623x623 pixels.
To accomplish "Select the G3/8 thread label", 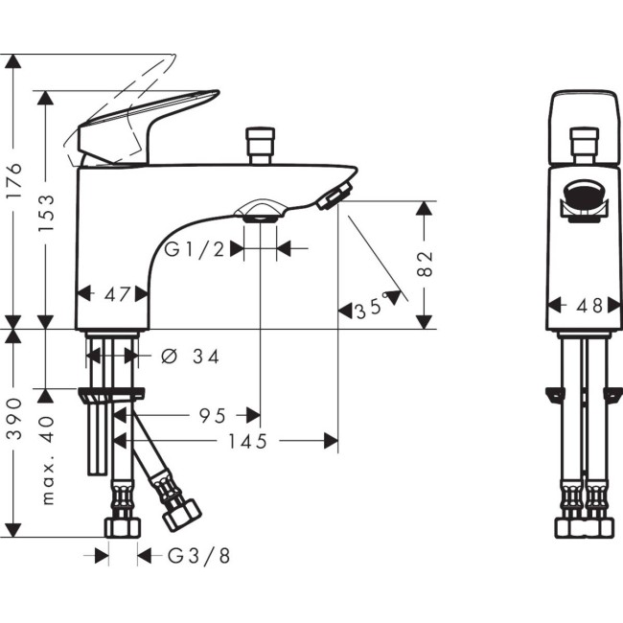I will (x=198, y=555).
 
